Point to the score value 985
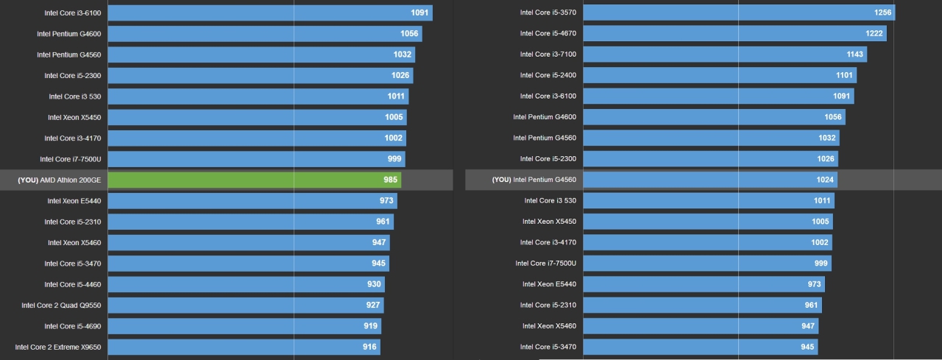pos(390,180)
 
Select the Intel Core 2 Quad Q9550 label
pos(61,306)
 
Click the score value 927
pos(373,306)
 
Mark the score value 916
pos(369,347)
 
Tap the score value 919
pos(370,326)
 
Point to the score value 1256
pos(883,13)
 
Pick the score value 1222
pos(874,33)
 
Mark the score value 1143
pos(854,54)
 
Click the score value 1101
pos(844,75)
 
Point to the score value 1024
pos(825,180)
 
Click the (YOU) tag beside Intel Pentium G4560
pos(501,180)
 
